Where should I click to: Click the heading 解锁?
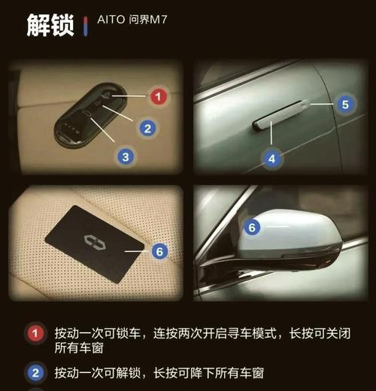click(50, 25)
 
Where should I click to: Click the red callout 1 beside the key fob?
click(158, 97)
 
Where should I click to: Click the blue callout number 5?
click(345, 105)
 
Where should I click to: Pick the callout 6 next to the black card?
click(159, 251)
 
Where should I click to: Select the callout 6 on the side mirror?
click(253, 226)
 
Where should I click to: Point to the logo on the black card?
click(92, 242)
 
